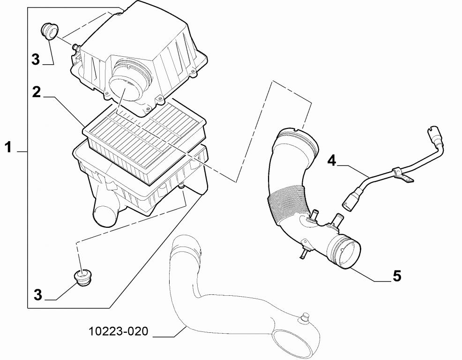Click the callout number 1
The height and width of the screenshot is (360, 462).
[8, 147]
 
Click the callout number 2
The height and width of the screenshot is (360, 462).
[36, 92]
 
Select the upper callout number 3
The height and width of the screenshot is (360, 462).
[35, 60]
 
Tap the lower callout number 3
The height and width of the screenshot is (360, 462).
[37, 294]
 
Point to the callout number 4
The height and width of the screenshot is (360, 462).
[332, 161]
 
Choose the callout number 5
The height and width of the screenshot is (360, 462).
[397, 276]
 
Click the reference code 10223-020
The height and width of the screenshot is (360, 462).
[119, 331]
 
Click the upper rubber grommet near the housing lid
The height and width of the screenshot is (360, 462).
[49, 30]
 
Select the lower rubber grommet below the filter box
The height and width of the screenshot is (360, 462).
[82, 277]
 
